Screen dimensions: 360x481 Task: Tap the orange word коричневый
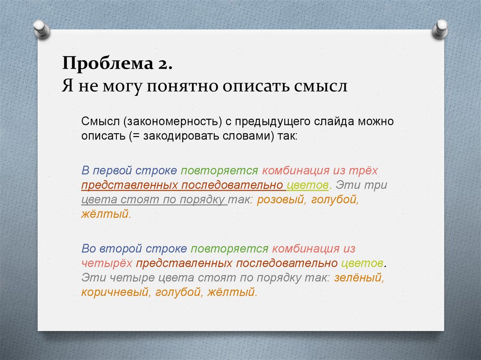(113, 291)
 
